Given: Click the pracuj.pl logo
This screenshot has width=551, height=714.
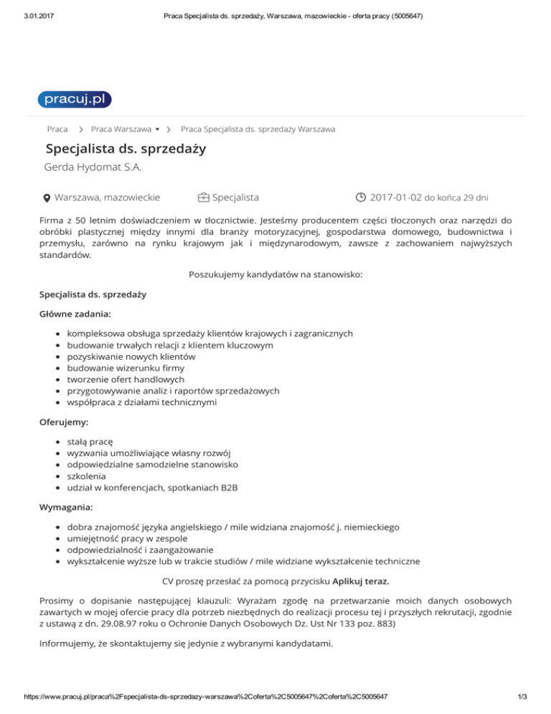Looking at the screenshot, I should pos(75,99).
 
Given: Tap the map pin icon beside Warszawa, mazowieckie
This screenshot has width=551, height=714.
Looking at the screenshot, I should pos(46,198).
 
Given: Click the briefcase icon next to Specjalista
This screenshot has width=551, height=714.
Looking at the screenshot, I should pos(204,197).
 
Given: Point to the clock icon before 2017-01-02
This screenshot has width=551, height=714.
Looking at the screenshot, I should pos(361,197).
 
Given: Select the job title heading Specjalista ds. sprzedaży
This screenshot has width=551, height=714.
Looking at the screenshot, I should pos(126,149).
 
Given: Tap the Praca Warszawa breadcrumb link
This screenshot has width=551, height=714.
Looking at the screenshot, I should pos(121,129).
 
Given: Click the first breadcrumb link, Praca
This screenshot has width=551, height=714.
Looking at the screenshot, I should pos(57,129).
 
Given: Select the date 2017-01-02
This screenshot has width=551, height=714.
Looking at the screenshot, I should pos(396,197).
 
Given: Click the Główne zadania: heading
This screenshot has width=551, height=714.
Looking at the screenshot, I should pos(75,314).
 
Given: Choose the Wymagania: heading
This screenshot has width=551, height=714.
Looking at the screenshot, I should pos(65,507).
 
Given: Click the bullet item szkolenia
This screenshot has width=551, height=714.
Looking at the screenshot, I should pos(86,476).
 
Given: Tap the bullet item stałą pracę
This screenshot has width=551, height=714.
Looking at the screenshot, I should pos(90,441).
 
